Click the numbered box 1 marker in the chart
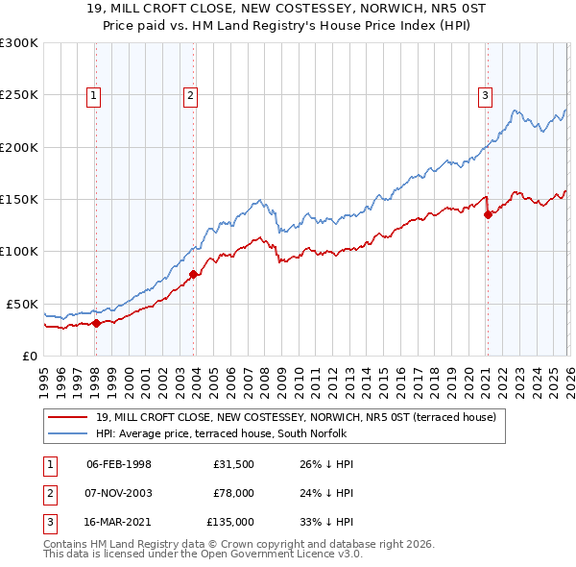(x=94, y=95)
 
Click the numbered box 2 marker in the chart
(x=191, y=95)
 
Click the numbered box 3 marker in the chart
(x=486, y=95)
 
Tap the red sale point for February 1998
(x=96, y=323)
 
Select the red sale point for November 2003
(x=193, y=275)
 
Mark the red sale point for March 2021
(x=488, y=215)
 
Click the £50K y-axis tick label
(x=22, y=304)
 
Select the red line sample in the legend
(x=69, y=417)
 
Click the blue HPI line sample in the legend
(x=69, y=433)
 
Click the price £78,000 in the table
(x=233, y=494)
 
